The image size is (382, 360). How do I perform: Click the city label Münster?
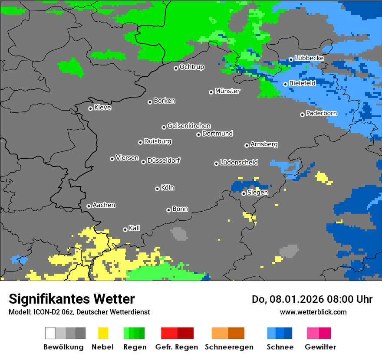point(227,91)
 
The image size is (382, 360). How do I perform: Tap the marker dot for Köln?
point(157,189)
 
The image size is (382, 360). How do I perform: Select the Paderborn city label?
point(321,113)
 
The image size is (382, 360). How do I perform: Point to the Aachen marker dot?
point(89,206)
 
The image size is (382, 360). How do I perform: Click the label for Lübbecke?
point(309,58)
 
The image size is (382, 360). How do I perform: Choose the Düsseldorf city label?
point(164,160)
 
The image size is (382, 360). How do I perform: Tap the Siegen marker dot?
point(244,193)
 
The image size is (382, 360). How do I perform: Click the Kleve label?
point(102,108)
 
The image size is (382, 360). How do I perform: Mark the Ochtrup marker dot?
point(176,68)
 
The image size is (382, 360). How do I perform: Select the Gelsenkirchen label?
point(189,126)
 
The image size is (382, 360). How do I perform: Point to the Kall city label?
point(135,228)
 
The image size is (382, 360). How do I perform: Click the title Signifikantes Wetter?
point(72,299)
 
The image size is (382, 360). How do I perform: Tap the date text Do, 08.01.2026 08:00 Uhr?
point(312,299)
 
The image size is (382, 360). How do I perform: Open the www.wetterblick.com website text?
point(313,312)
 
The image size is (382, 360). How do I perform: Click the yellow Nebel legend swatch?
point(103,333)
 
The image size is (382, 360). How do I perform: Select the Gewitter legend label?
point(320,347)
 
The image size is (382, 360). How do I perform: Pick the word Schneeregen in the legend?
point(229,347)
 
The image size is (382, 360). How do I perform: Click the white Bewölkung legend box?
point(50,333)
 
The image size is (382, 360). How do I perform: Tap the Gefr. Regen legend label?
point(177,347)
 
